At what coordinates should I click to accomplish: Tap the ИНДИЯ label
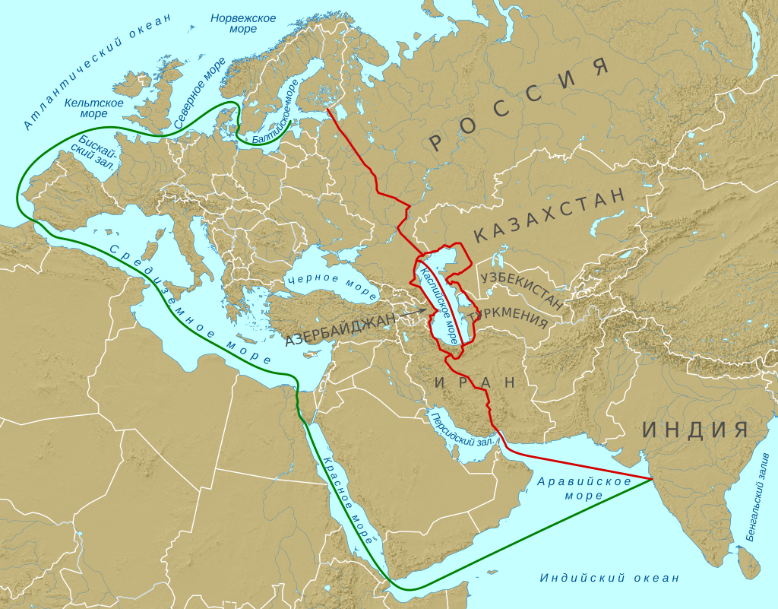696,430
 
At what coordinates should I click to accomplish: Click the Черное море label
332,286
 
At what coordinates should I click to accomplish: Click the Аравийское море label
584,489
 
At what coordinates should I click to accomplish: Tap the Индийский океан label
609,579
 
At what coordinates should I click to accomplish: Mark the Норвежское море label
243,24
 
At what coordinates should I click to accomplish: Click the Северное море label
200,93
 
